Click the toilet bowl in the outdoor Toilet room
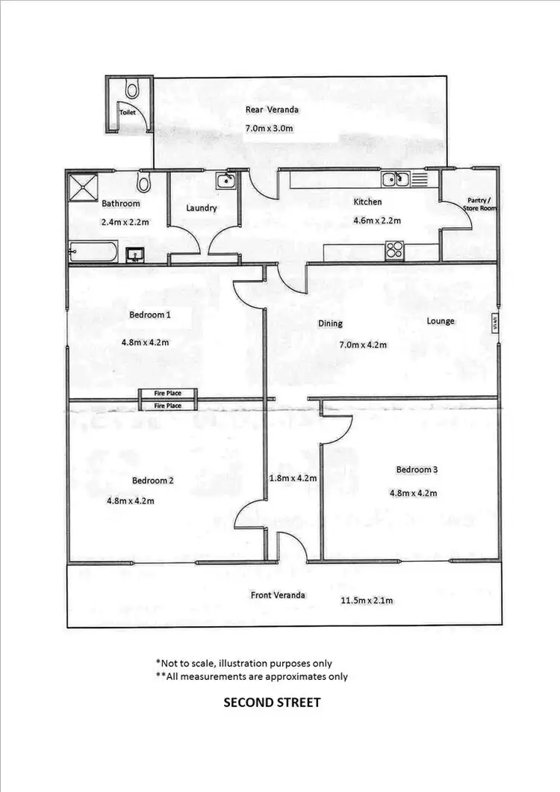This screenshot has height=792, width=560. pyautogui.click(x=132, y=90)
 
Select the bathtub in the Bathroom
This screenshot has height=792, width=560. pyautogui.click(x=93, y=252)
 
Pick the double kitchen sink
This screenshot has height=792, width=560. pyautogui.click(x=393, y=179)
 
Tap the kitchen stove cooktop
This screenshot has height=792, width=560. pyautogui.click(x=393, y=251)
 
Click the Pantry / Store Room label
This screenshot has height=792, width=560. pyautogui.click(x=481, y=204)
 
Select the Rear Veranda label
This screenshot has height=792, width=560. pyautogui.click(x=272, y=110)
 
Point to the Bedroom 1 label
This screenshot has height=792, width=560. pyautogui.click(x=150, y=315)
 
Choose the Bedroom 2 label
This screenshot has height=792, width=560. pyautogui.click(x=153, y=480)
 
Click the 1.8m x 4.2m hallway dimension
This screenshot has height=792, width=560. pyautogui.click(x=293, y=478)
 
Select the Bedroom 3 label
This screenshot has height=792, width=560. pyautogui.click(x=417, y=469)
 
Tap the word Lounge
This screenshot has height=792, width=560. pyautogui.click(x=441, y=321)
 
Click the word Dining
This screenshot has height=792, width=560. pyautogui.click(x=330, y=324)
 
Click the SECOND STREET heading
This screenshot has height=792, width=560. pyautogui.click(x=272, y=702)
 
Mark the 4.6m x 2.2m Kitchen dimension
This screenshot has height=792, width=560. pyautogui.click(x=377, y=220)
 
